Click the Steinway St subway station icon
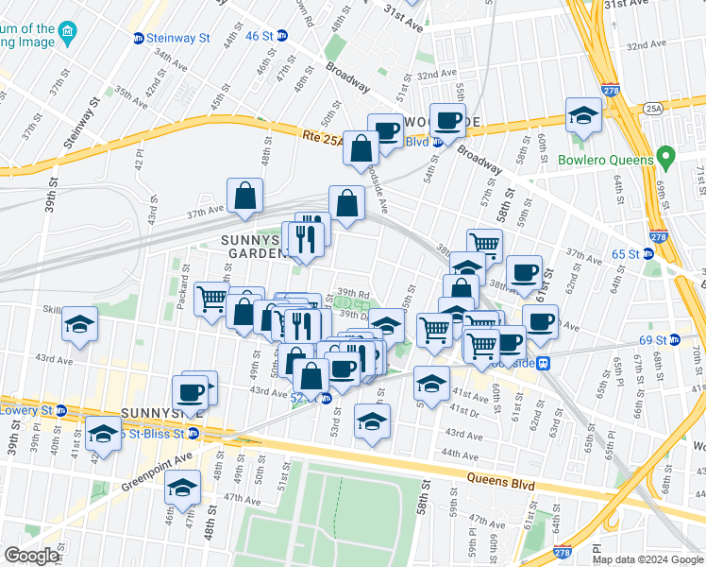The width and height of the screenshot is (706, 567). coord(139,38)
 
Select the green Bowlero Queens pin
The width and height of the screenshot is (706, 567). coord(666,156)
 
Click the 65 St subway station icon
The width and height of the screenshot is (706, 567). coord(648,253)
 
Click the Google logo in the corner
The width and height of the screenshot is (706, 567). coord(31,556)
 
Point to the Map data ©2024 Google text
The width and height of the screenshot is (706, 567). coord(647,559)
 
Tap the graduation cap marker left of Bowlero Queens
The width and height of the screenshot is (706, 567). coord(583,115)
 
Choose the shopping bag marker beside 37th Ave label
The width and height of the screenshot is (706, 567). coord(244,197)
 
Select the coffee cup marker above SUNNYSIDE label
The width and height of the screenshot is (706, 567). coord(190,391)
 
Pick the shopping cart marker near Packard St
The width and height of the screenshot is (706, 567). coord(211,298)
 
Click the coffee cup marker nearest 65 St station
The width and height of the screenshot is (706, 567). coord(524,272)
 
